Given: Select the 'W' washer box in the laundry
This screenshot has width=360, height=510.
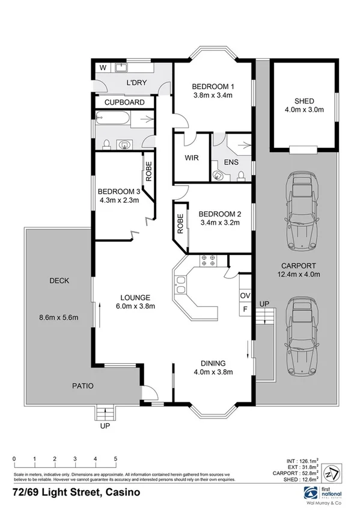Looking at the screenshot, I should click(x=103, y=67).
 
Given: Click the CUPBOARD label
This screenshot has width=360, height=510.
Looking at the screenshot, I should click(x=124, y=103).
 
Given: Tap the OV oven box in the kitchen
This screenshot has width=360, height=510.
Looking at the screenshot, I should click(x=245, y=296).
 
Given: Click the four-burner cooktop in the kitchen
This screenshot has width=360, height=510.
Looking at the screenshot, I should click(x=209, y=261).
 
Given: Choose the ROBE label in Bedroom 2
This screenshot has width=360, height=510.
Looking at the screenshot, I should click(x=179, y=224).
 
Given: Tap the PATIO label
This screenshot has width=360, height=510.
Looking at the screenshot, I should click(x=84, y=386).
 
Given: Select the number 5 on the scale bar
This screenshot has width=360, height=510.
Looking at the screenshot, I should click(x=115, y=459).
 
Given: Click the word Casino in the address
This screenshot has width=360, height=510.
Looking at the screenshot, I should click(x=123, y=491).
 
